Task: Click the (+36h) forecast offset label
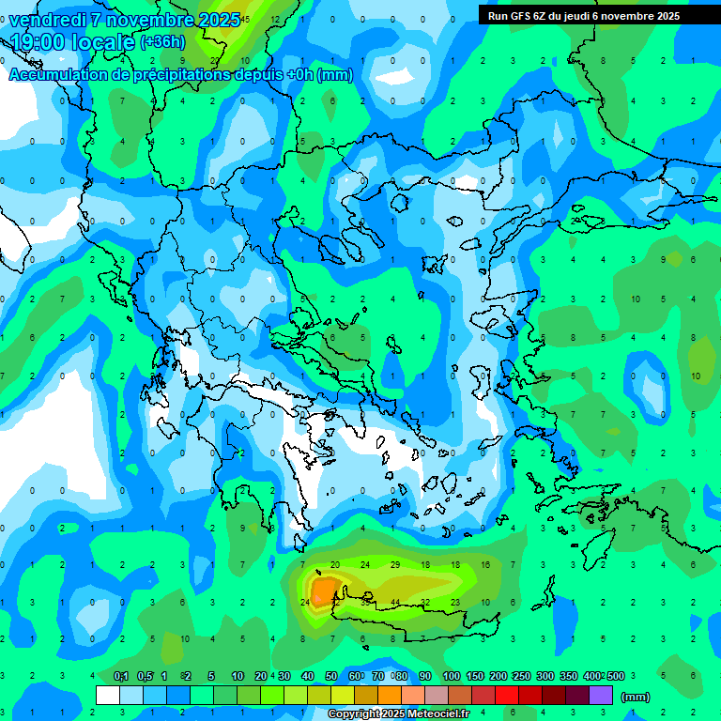click(162, 42)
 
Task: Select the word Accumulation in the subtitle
click(57, 75)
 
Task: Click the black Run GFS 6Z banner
click(583, 15)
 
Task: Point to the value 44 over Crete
click(395, 602)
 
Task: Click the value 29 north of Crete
click(395, 564)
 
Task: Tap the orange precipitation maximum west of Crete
click(325, 591)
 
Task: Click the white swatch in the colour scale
click(108, 695)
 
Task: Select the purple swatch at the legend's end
click(601, 695)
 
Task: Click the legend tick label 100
click(452, 677)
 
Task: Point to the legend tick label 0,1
click(121, 677)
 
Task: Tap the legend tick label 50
click(331, 677)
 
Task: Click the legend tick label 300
click(545, 677)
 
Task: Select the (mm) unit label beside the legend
click(637, 697)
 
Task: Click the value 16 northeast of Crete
click(485, 564)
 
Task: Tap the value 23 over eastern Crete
click(455, 602)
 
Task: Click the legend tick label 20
click(261, 677)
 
